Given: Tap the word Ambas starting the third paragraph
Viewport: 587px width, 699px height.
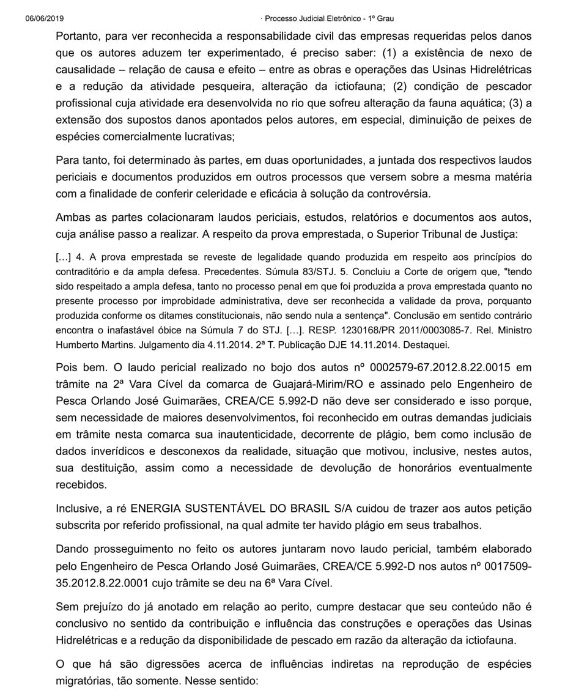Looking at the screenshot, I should (x=72, y=217).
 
